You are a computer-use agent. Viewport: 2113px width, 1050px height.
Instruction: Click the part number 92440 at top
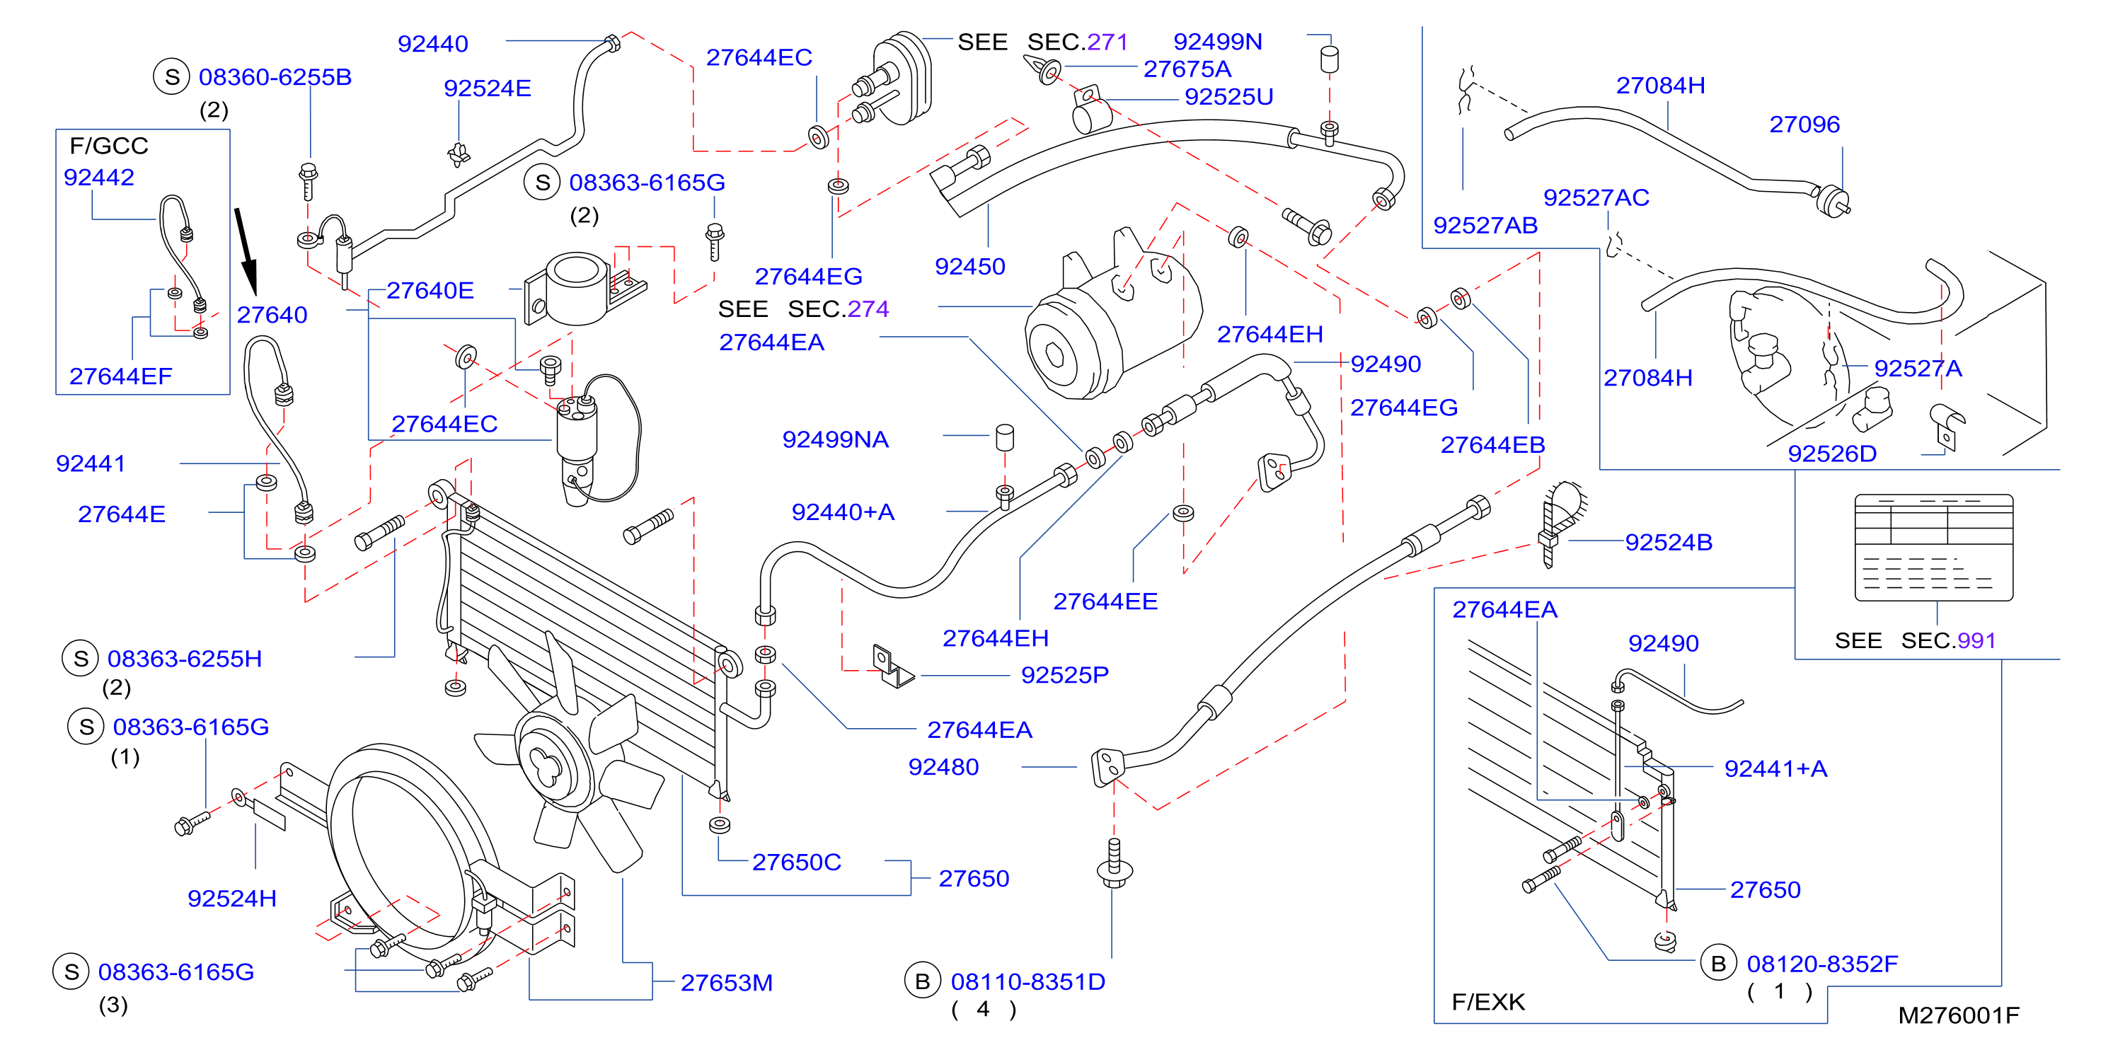[x=432, y=43]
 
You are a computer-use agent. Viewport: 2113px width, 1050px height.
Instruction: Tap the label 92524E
[x=488, y=88]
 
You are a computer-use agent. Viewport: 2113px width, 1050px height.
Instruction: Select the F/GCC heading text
[x=108, y=145]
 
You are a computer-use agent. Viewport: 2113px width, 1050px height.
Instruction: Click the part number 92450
[x=969, y=266]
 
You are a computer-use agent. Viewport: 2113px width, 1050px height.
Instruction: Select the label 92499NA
[x=835, y=439]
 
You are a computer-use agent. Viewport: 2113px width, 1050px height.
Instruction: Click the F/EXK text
[x=1488, y=1002]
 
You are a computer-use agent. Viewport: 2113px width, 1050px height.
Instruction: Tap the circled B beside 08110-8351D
[x=922, y=981]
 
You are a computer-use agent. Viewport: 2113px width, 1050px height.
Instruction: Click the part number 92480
[x=943, y=766]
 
